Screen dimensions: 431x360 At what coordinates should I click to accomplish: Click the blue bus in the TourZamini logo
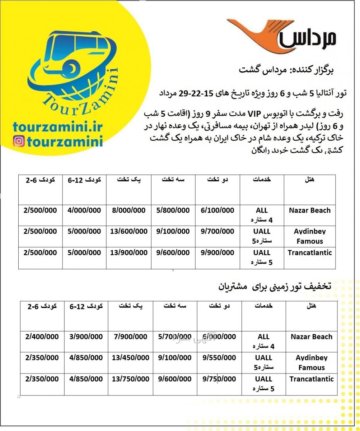click(x=72, y=54)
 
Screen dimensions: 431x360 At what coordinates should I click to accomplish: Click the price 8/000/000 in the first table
click(x=128, y=210)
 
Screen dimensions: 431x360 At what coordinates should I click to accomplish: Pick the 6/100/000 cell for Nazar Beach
click(x=218, y=210)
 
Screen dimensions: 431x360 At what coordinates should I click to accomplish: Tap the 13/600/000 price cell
click(x=128, y=232)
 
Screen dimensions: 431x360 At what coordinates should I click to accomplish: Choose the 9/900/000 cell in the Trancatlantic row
click(x=218, y=252)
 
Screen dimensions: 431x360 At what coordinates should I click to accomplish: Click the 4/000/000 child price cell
click(x=84, y=210)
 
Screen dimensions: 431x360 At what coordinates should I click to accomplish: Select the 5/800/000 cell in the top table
click(x=173, y=210)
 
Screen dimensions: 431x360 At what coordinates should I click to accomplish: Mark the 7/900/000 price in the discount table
click(x=130, y=337)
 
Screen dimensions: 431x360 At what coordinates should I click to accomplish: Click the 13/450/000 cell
click(x=130, y=358)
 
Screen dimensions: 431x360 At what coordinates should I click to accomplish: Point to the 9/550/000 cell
click(x=219, y=358)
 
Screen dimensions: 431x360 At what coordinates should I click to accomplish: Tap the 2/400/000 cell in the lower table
click(x=42, y=337)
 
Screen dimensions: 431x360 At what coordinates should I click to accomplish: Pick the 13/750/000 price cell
click(x=130, y=379)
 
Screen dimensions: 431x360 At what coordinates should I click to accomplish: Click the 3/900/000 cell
click(x=86, y=337)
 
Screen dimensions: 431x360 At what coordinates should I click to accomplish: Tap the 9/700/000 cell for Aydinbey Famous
click(x=218, y=232)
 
